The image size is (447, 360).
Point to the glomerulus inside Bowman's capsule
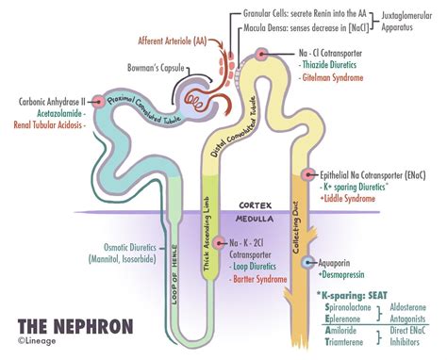[192, 94]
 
